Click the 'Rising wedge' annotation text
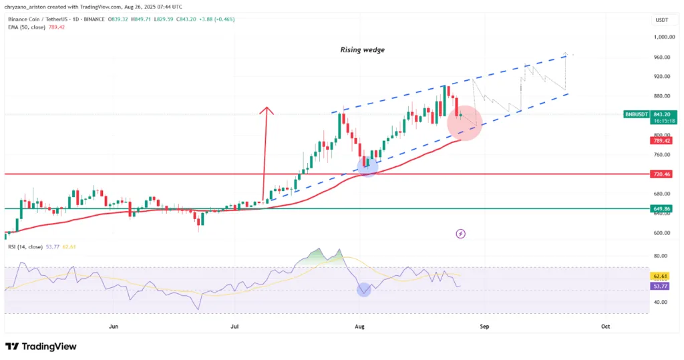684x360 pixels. pyautogui.click(x=362, y=49)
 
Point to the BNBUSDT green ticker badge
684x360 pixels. pyautogui.click(x=635, y=114)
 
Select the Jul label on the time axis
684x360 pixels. pyautogui.click(x=235, y=327)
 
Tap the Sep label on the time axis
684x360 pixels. pyautogui.click(x=485, y=327)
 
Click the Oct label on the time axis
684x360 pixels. pyautogui.click(x=605, y=327)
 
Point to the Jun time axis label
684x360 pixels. pyautogui.click(x=114, y=327)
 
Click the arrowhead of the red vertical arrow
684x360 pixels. pyautogui.click(x=267, y=109)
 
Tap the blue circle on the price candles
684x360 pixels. pyautogui.click(x=367, y=166)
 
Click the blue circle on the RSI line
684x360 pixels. pyautogui.click(x=364, y=290)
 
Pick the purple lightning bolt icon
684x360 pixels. pyautogui.click(x=460, y=233)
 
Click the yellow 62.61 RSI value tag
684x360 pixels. pyautogui.click(x=660, y=276)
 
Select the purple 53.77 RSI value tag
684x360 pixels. pyautogui.click(x=660, y=286)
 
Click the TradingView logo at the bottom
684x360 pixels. pyautogui.click(x=41, y=347)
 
